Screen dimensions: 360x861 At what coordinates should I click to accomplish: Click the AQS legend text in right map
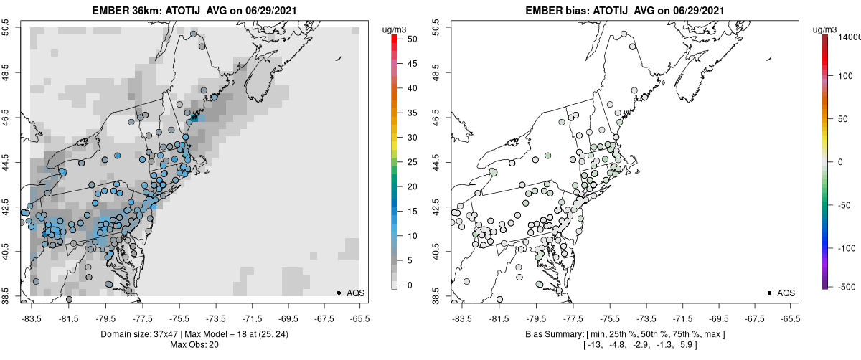[x=786, y=293]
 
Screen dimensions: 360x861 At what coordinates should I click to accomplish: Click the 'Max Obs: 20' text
[x=193, y=345]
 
